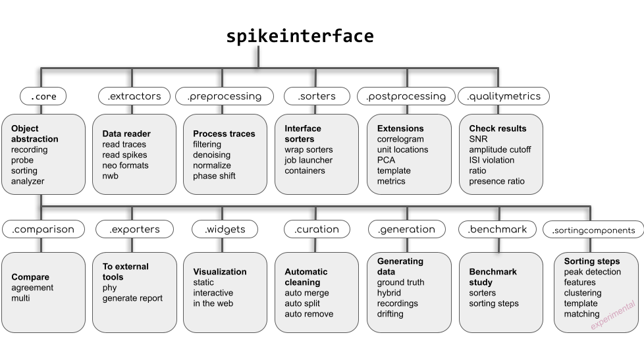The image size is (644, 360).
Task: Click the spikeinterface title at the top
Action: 300,36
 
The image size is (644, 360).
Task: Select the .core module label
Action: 43,97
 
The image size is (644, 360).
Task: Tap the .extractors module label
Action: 134,96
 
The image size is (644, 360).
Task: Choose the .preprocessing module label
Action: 224,96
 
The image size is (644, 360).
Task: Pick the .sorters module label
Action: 317,96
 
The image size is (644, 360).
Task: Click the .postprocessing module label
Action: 406,96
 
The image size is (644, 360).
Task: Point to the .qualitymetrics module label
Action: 503,96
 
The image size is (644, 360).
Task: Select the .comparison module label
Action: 43,230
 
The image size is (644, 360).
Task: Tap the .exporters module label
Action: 134,230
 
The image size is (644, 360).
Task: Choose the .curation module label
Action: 317,230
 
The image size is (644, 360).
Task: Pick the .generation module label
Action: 406,230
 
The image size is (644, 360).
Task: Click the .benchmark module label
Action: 497,230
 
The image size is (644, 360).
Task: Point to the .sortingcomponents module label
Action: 593,230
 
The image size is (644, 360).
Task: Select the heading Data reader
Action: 127,134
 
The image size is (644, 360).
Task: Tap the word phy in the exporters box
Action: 109,288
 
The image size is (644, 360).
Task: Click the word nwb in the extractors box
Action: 110,176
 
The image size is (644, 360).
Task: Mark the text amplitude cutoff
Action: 500,149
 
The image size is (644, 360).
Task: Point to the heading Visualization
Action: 220,272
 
